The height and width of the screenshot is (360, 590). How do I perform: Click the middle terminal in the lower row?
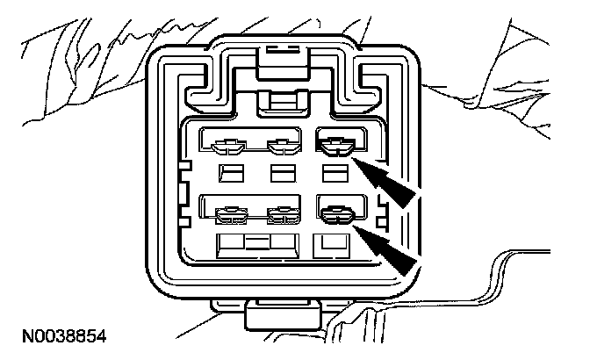point(280,212)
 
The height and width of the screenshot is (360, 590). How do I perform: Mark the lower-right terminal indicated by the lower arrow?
point(335,212)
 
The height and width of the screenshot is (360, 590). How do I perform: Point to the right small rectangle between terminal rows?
point(333,171)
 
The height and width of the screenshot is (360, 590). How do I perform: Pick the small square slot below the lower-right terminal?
point(331,242)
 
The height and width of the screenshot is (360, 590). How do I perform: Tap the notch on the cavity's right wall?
point(381,207)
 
